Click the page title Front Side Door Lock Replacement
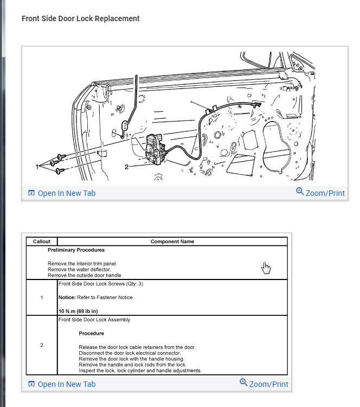click(x=80, y=18)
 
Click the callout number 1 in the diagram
click(x=38, y=167)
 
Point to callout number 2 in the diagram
click(x=126, y=167)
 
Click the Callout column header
click(x=42, y=241)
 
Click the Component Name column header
click(x=172, y=241)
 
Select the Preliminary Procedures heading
click(x=76, y=250)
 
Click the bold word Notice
click(x=68, y=297)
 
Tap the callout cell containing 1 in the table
click(x=42, y=297)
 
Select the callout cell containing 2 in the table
click(x=42, y=345)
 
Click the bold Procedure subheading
click(x=91, y=333)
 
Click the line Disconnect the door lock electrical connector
click(x=130, y=353)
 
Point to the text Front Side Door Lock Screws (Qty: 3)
click(x=101, y=284)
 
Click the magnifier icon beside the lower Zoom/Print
click(x=243, y=383)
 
